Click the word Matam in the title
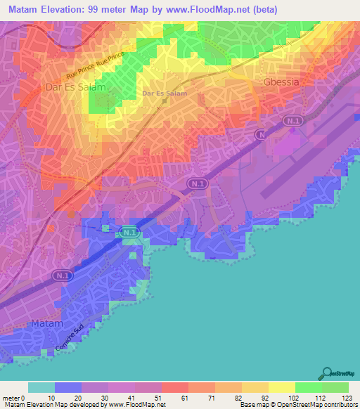pyautogui.click(x=28, y=10)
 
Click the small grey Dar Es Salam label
pyautogui.click(x=165, y=92)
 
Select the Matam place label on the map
pyautogui.click(x=48, y=324)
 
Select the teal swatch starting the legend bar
pyautogui.click(x=41, y=387)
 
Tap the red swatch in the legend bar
pyautogui.click(x=175, y=387)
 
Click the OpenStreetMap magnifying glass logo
pyautogui.click(x=325, y=373)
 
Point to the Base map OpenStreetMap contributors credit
pyautogui.click(x=297, y=404)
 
